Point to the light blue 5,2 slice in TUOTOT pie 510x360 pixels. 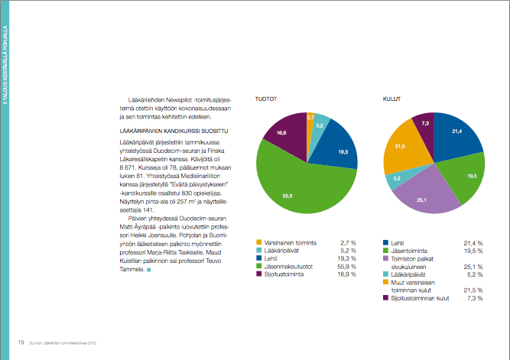(320, 124)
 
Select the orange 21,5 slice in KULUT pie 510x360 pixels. (401, 148)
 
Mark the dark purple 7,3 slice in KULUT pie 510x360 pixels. (423, 124)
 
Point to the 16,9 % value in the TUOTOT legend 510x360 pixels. (346, 273)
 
